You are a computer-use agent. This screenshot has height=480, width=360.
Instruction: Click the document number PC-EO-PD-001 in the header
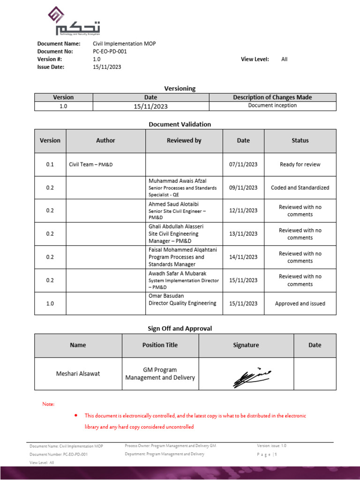click(x=110, y=52)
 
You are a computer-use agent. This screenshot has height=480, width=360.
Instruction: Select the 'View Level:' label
click(x=255, y=59)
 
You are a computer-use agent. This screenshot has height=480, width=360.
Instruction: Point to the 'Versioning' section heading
click(x=180, y=88)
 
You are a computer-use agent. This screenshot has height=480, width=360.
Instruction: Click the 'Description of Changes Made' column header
click(x=272, y=97)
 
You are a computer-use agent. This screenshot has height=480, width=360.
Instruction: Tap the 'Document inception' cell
click(x=272, y=106)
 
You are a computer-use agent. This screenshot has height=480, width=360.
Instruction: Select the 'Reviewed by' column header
click(x=184, y=141)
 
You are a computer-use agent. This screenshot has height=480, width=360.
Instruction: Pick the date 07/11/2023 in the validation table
click(x=243, y=165)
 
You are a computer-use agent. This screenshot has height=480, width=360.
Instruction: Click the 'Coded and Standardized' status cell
click(x=300, y=187)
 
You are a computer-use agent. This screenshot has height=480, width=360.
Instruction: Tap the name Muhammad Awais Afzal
click(x=177, y=181)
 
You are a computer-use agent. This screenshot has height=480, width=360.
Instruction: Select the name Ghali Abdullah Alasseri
click(x=176, y=226)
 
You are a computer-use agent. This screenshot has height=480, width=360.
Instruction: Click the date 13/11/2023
click(x=243, y=234)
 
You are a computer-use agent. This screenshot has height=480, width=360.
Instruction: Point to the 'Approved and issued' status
click(x=300, y=304)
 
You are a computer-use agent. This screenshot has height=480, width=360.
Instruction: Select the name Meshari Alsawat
click(x=78, y=374)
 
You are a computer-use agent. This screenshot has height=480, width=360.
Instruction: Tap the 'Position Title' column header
click(x=160, y=345)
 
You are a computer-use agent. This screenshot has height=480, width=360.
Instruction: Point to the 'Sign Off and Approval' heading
click(x=180, y=329)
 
